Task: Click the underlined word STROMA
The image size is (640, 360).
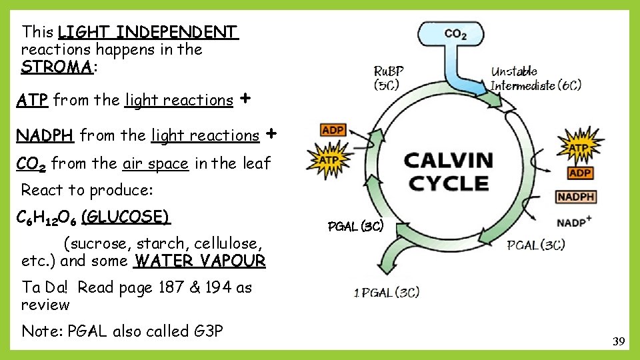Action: click(57, 67)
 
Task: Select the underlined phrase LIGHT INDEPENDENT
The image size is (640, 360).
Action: click(147, 32)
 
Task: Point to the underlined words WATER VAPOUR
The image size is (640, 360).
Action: click(199, 261)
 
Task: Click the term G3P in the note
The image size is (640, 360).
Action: click(206, 331)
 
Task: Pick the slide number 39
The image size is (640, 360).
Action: click(619, 342)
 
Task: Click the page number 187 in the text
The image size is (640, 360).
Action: click(173, 287)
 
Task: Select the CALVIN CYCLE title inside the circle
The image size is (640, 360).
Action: click(449, 171)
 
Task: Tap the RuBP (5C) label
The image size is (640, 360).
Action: click(388, 77)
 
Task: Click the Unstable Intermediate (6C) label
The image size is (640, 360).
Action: click(535, 78)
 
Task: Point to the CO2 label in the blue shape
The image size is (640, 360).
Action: click(455, 34)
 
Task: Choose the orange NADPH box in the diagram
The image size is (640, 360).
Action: click(575, 197)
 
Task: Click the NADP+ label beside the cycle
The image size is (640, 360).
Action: click(574, 221)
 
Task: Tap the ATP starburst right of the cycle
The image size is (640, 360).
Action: click(578, 147)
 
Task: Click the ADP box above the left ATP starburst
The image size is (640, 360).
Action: click(333, 130)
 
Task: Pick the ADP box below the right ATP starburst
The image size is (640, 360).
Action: click(581, 173)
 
